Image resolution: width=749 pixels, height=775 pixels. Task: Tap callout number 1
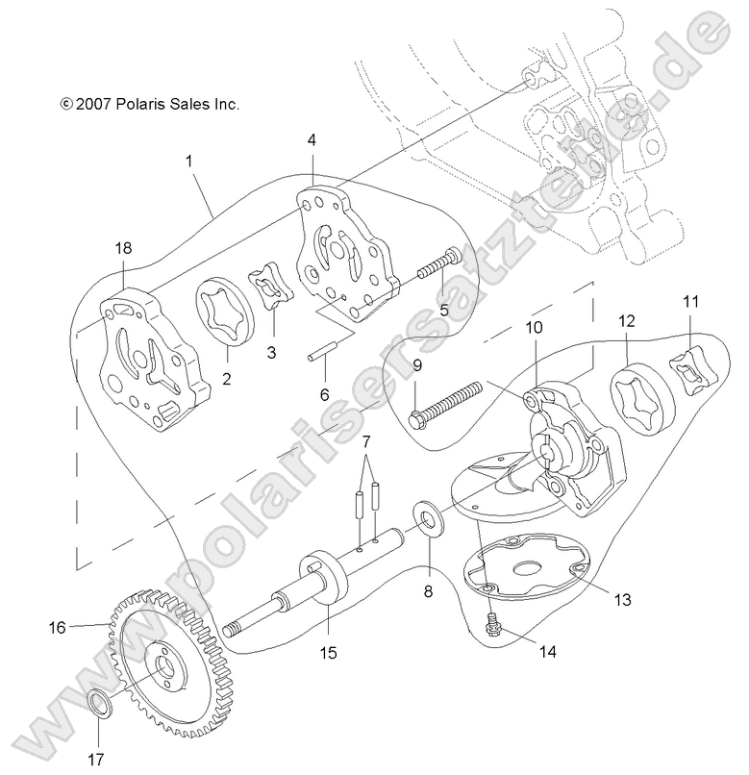(189, 161)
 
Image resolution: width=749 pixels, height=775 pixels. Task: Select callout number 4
(312, 140)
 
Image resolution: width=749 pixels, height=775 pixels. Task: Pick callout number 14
(547, 651)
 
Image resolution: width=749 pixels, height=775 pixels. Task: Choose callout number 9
(417, 365)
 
